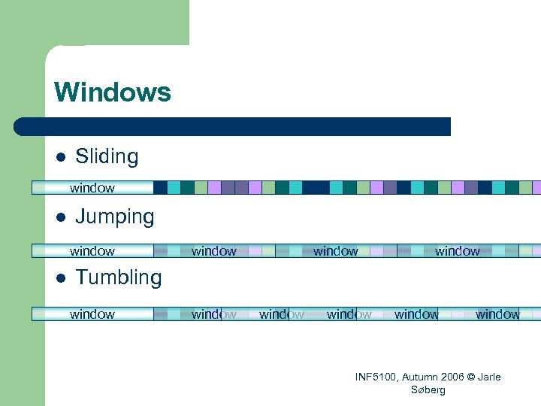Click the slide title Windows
pos(113,92)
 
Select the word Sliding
pos(107,156)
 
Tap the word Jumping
pos(114,217)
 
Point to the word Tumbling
pos(118,277)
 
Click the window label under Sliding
pos(92,188)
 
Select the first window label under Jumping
pos(92,251)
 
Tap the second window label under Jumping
pos(214,251)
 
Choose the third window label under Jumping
pos(336,251)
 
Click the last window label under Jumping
pos(458,251)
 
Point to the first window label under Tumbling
pos(92,314)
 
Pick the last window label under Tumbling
pos(497,314)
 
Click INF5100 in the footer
pos(378,377)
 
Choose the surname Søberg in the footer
pos(428,389)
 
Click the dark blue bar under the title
pos(233,126)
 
